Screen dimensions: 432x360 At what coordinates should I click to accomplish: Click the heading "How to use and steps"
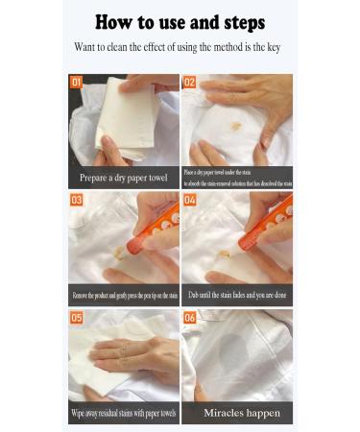180,21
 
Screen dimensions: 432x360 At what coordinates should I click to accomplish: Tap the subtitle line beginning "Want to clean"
180,46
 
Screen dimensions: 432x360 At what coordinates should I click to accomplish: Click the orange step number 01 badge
77,83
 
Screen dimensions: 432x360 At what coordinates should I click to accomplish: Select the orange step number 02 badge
190,83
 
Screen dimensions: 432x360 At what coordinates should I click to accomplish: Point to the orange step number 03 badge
77,200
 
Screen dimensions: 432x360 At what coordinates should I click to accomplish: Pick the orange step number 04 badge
190,200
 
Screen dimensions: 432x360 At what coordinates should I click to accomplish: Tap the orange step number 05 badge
77,317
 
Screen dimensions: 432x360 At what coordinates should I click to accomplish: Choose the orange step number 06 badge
190,317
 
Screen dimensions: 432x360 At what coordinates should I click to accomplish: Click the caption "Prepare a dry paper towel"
123,178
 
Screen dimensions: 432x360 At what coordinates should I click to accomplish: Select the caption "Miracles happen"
237,413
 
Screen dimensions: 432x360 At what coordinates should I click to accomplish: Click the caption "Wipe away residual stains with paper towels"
123,413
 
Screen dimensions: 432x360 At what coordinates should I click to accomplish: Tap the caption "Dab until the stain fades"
237,295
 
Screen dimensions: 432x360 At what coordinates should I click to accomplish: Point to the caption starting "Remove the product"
123,295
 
